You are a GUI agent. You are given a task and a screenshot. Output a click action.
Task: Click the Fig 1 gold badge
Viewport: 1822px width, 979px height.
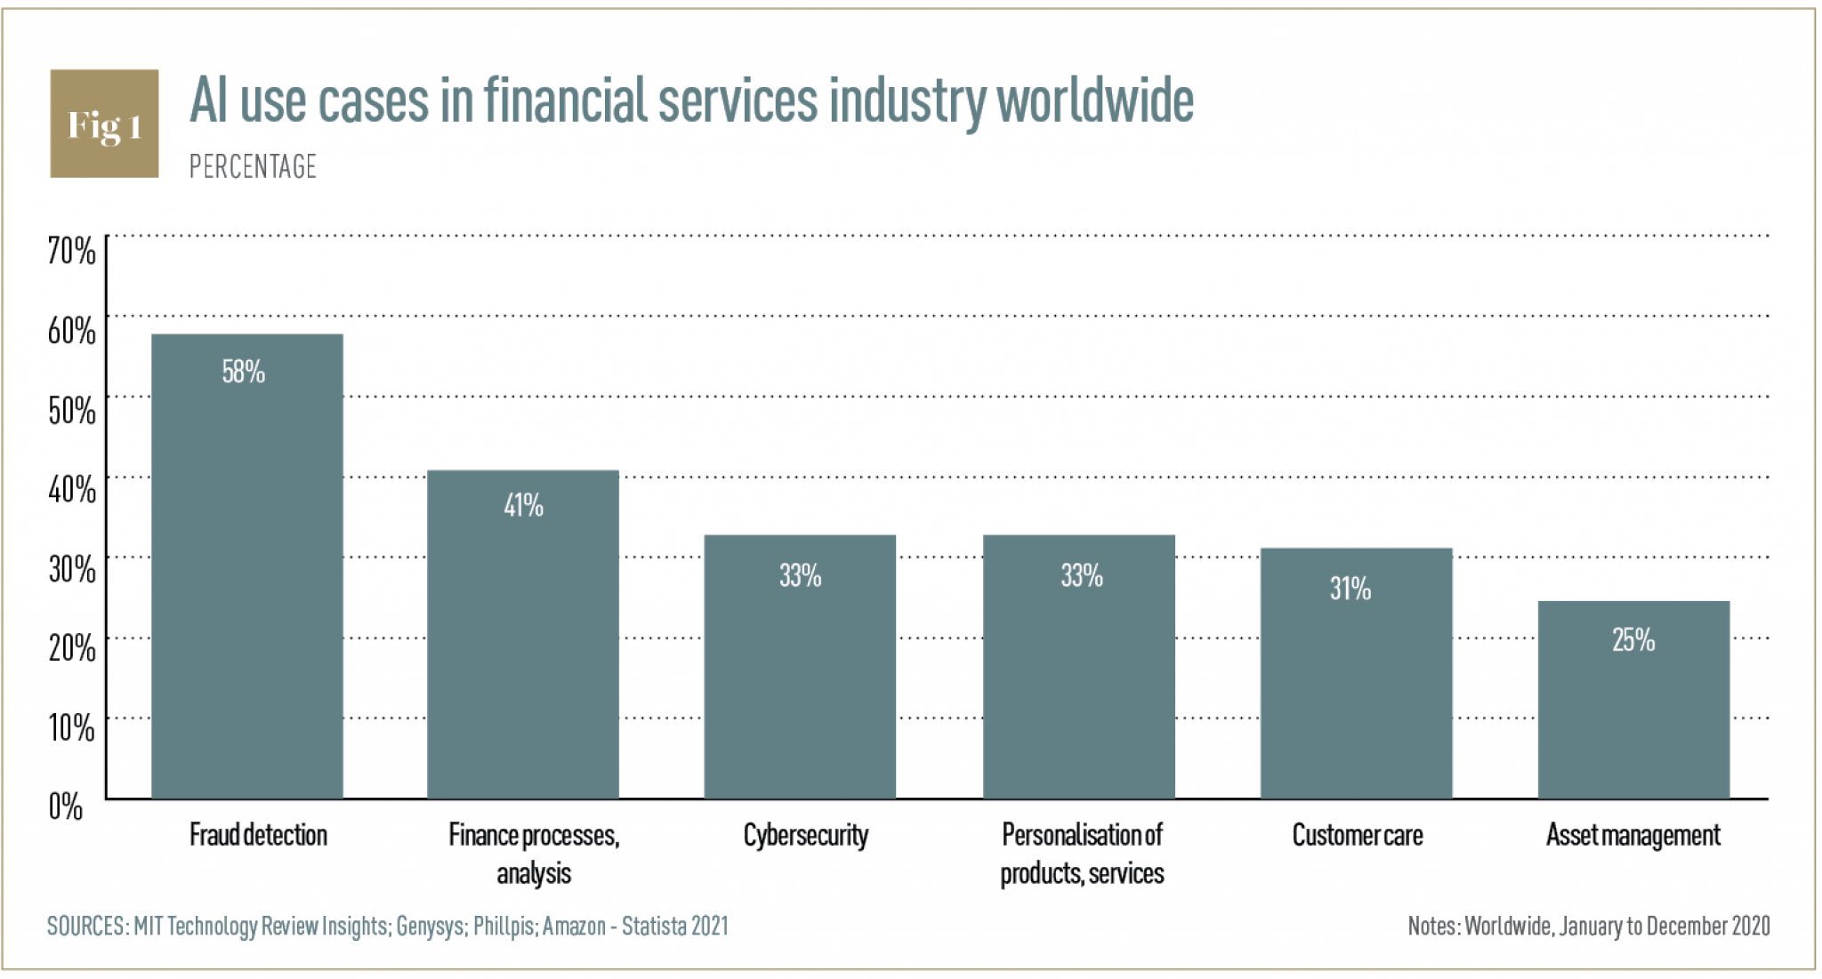(x=104, y=124)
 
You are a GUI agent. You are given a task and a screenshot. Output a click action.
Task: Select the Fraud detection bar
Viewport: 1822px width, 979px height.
(x=246, y=578)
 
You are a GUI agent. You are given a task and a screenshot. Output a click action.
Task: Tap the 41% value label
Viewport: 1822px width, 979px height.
(x=523, y=506)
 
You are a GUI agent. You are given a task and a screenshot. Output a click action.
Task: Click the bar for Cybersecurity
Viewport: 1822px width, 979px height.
(x=800, y=676)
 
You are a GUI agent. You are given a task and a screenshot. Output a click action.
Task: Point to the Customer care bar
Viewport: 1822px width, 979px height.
(x=1356, y=685)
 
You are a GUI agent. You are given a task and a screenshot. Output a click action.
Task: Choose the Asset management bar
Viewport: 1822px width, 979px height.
(x=1633, y=711)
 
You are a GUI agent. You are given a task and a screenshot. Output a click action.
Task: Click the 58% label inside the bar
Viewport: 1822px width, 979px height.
(x=244, y=372)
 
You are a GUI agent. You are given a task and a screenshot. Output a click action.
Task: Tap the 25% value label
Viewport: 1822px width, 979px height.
(x=1633, y=640)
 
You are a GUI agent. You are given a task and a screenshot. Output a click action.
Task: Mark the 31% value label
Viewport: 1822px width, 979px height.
(x=1350, y=589)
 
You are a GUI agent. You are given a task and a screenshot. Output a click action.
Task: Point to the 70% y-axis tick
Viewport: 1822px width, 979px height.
(x=71, y=251)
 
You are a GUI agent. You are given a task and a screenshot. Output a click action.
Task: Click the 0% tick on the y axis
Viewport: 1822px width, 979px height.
(x=66, y=807)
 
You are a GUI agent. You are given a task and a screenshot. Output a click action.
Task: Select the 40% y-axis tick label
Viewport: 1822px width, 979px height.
(x=71, y=489)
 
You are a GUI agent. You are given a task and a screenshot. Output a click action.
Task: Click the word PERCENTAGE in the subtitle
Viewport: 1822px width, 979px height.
(x=253, y=167)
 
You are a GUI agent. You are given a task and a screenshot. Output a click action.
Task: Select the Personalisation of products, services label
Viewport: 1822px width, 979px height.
(x=1082, y=854)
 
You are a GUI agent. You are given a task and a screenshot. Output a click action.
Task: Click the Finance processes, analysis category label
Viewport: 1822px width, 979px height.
(x=534, y=854)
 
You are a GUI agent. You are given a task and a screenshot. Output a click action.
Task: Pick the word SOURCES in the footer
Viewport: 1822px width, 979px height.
(x=86, y=927)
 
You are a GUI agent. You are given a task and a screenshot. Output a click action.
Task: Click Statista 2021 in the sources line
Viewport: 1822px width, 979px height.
(x=674, y=927)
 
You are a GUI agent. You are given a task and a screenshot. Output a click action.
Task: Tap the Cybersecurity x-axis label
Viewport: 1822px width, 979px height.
(x=805, y=836)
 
